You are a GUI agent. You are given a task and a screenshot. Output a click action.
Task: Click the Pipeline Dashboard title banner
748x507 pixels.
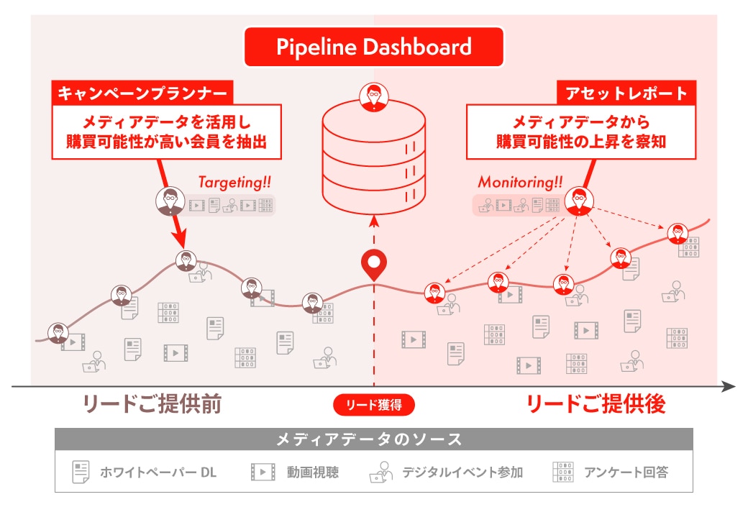click(x=374, y=47)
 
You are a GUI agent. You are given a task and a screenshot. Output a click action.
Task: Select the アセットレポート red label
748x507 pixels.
click(x=626, y=93)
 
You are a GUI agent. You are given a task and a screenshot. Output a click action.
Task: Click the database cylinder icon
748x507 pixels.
click(x=373, y=159)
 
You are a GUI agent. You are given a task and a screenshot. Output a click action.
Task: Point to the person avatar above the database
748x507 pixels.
click(x=373, y=97)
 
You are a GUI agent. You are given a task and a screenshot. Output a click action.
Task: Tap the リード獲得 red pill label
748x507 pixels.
click(x=374, y=405)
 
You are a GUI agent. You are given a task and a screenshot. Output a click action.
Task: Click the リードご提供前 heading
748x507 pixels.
click(x=152, y=403)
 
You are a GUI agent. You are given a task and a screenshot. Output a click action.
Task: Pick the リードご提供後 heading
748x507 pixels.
click(x=596, y=403)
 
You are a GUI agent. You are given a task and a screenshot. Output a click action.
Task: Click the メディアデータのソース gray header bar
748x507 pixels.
click(x=374, y=439)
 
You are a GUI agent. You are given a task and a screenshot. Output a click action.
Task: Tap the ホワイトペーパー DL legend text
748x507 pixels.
click(x=158, y=472)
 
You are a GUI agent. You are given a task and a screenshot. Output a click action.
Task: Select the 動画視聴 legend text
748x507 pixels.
click(x=313, y=472)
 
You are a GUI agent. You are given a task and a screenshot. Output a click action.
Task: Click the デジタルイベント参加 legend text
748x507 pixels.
click(x=462, y=472)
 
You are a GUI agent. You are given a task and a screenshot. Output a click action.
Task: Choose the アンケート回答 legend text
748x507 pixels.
click(x=626, y=472)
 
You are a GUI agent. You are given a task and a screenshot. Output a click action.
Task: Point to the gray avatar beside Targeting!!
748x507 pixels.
click(x=170, y=201)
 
